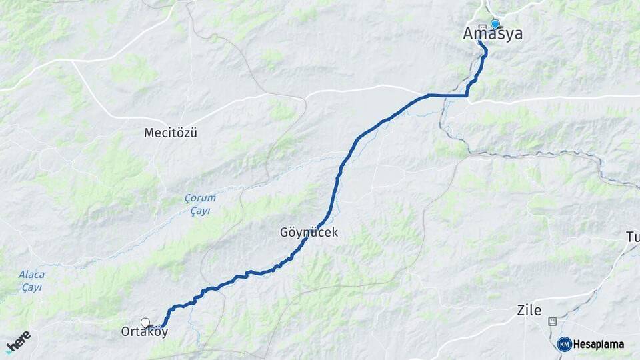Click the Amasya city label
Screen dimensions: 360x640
pos(493,34)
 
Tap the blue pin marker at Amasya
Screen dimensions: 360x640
pos(495,24)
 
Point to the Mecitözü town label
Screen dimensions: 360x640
pos(171,133)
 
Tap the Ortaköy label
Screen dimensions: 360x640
pos(144,331)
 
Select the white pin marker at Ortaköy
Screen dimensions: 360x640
pos(145,323)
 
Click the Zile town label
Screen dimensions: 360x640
pos(529,310)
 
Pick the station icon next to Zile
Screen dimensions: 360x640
pos(551,321)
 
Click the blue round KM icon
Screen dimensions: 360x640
pos(564,344)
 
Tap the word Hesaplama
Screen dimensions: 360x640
pos(598,345)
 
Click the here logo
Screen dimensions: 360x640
pos(17,342)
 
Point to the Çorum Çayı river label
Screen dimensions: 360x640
pos(197,204)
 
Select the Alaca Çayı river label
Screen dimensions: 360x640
pos(31,281)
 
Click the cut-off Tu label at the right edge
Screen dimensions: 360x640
pos(632,237)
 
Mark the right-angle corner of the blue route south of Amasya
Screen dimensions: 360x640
pos(467,95)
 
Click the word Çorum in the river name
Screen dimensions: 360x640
pos(197,199)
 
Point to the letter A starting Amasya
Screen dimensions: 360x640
pos(469,34)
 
